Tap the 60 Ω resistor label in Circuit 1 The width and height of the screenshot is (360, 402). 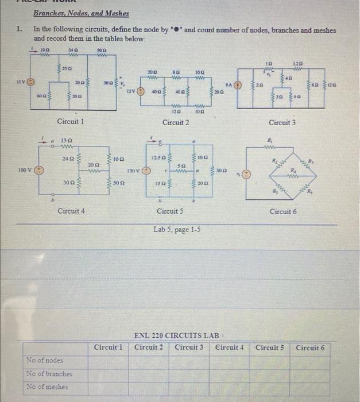[40, 95]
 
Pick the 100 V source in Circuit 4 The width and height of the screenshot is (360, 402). [39, 171]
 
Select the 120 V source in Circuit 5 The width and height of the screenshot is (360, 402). [146, 171]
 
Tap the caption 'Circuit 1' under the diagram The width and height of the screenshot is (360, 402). [71, 122]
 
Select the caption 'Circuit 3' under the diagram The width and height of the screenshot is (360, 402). [282, 122]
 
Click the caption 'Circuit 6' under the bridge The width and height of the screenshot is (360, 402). [283, 212]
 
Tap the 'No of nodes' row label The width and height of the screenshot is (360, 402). [45, 360]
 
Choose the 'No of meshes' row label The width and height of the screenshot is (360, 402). [47, 386]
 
